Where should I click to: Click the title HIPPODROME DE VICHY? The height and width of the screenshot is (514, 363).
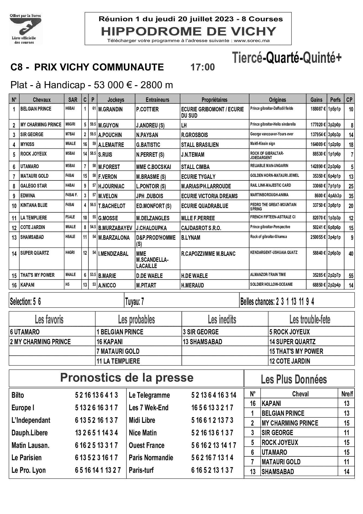click(x=188, y=31)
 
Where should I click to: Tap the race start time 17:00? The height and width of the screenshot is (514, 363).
click(x=202, y=67)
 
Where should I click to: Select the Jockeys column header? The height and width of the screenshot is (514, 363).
click(x=116, y=100)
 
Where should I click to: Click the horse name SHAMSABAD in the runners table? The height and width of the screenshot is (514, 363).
click(x=32, y=237)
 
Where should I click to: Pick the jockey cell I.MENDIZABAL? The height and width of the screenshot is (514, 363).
click(x=113, y=254)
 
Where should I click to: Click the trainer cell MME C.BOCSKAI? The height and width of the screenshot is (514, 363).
click(x=153, y=167)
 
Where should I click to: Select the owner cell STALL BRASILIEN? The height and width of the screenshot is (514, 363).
click(x=200, y=145)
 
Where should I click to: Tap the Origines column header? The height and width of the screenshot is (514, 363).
click(x=277, y=100)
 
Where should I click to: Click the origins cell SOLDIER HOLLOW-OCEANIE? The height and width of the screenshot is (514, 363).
click(x=271, y=284)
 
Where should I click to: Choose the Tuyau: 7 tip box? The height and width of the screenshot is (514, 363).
click(x=135, y=302)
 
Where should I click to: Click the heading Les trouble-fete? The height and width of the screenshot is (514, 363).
click(x=310, y=319)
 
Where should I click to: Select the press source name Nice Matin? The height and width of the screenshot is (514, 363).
click(x=143, y=433)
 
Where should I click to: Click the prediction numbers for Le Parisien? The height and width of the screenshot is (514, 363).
click(x=96, y=457)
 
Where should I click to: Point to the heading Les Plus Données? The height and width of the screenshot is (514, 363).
click(x=294, y=379)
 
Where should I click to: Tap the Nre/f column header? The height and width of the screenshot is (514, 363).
click(x=347, y=394)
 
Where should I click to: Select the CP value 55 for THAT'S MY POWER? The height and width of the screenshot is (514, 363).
click(x=351, y=276)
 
